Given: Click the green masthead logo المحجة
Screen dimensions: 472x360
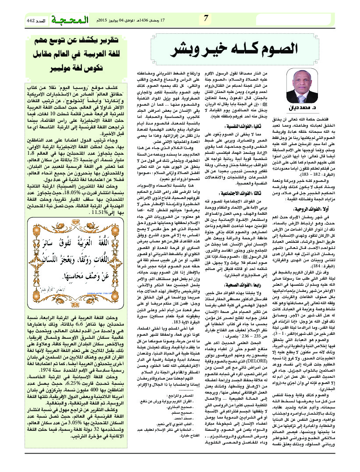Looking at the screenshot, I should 66,20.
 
